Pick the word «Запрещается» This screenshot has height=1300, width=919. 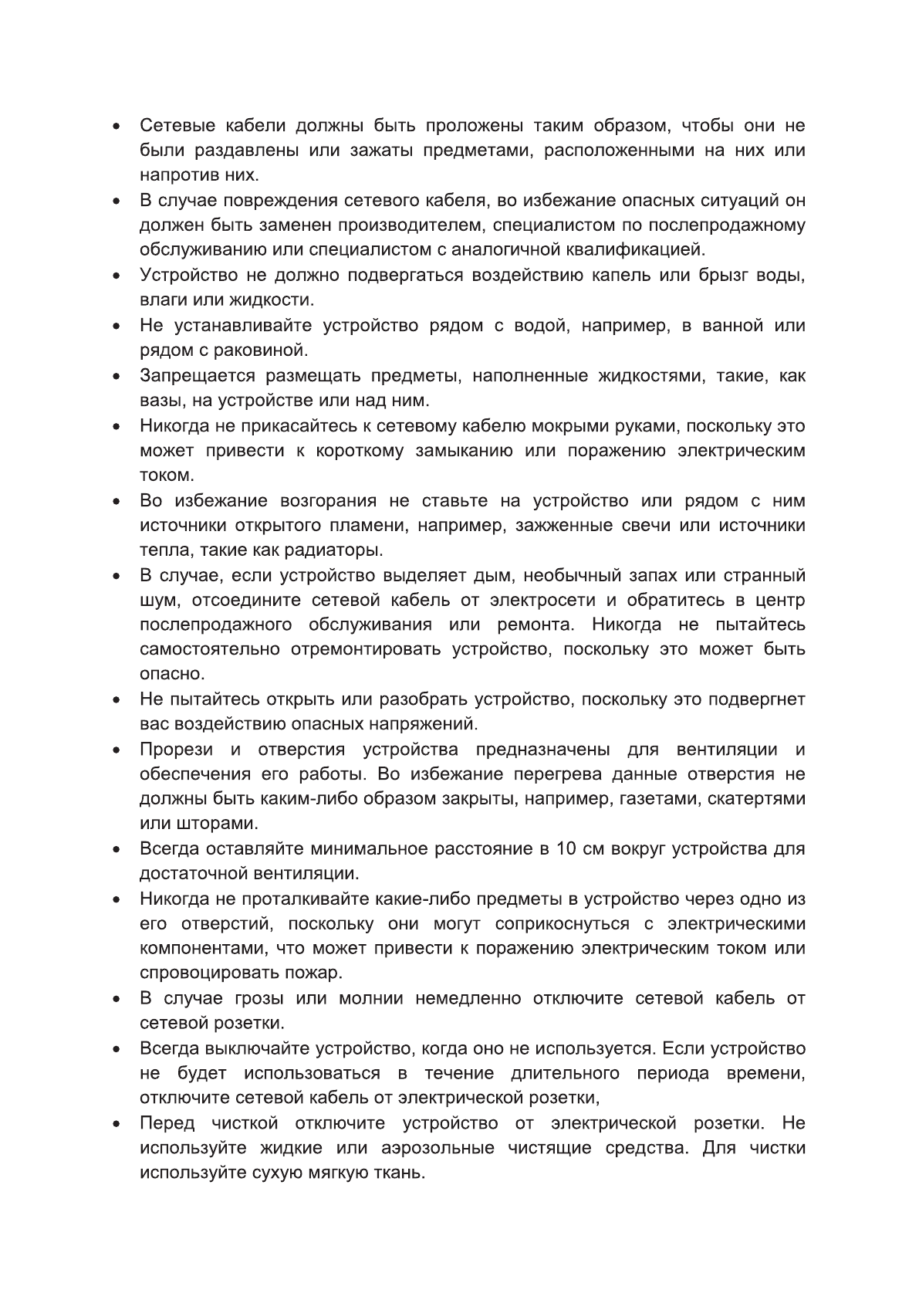click(x=198, y=376)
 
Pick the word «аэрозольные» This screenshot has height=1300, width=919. click(x=438, y=1148)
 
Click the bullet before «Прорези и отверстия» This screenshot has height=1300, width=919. click(x=116, y=750)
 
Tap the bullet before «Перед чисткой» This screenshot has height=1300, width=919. click(x=116, y=1124)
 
